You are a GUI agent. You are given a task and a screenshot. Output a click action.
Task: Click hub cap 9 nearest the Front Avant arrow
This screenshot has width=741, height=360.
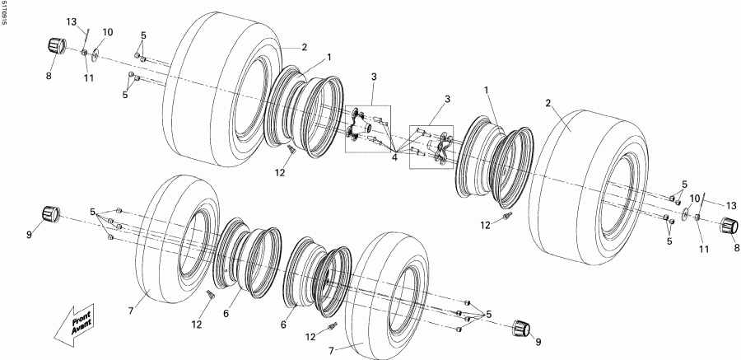click(54, 214)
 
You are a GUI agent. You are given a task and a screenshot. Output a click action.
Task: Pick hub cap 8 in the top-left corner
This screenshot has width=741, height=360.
click(56, 45)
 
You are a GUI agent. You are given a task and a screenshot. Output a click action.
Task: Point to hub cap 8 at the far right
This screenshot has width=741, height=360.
click(727, 226)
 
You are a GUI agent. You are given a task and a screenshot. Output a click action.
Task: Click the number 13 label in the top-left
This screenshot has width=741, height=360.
click(71, 21)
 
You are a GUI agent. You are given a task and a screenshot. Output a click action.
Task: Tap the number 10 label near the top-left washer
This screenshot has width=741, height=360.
click(108, 32)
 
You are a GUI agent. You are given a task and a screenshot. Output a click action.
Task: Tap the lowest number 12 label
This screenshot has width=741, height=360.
click(311, 337)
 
